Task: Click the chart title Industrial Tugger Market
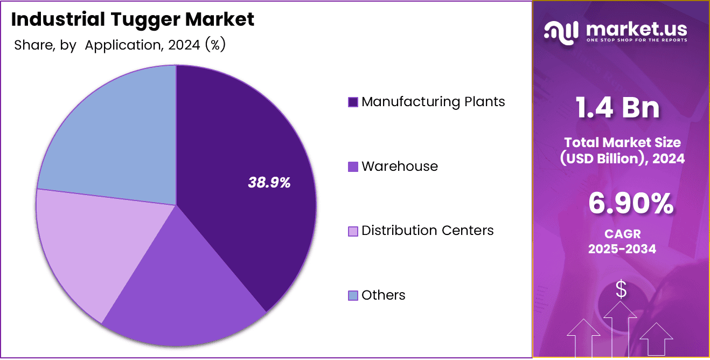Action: pyautogui.click(x=133, y=20)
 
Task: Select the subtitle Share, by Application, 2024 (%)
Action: pyautogui.click(x=120, y=45)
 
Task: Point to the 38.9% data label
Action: pyautogui.click(x=269, y=183)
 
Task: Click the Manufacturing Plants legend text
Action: pyautogui.click(x=433, y=102)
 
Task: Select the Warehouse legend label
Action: pyautogui.click(x=399, y=167)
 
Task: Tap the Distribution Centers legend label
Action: pyautogui.click(x=427, y=231)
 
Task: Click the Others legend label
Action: pyautogui.click(x=383, y=295)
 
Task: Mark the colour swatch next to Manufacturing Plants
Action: pyautogui.click(x=353, y=102)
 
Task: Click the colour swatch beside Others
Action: pyautogui.click(x=353, y=296)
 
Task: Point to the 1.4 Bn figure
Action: pyautogui.click(x=617, y=107)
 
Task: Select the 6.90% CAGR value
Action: pyautogui.click(x=630, y=204)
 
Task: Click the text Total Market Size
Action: pyautogui.click(x=622, y=143)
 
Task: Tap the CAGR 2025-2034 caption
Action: pyautogui.click(x=622, y=242)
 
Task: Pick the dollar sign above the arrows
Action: pyautogui.click(x=621, y=290)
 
